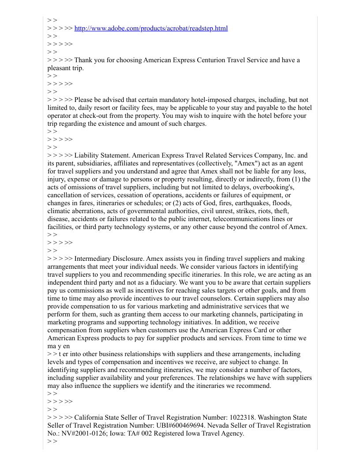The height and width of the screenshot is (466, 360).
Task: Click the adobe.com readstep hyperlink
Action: pyautogui.click(x=151, y=29)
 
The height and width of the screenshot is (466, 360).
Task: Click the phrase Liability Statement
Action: pyautogui.click(x=102, y=155)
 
